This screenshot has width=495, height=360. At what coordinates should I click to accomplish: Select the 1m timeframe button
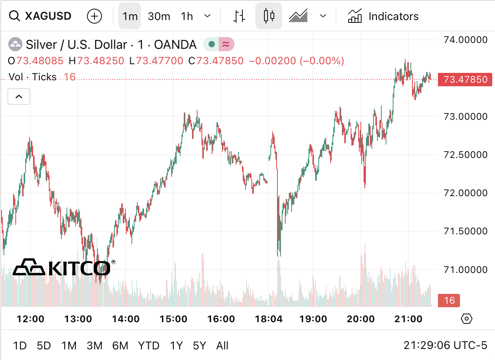[130, 16]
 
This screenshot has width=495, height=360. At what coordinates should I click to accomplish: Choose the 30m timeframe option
[159, 16]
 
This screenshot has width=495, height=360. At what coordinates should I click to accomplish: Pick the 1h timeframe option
[187, 16]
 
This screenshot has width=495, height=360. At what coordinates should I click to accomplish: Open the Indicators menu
[383, 16]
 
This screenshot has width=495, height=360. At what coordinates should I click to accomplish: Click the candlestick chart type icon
[269, 16]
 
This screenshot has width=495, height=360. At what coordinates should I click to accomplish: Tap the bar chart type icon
[239, 16]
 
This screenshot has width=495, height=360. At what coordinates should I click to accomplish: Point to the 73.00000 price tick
[465, 116]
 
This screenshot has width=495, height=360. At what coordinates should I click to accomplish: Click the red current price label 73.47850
[465, 80]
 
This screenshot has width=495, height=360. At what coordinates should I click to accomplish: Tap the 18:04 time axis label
[268, 319]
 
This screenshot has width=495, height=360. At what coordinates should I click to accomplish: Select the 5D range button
[44, 345]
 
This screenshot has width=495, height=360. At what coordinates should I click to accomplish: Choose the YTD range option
[149, 345]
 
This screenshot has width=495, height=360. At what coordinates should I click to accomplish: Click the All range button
[222, 345]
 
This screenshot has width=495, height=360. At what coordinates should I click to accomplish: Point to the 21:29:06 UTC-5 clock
[445, 345]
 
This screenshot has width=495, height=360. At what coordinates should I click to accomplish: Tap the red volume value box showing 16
[449, 301]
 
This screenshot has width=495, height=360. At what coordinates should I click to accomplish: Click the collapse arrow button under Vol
[19, 96]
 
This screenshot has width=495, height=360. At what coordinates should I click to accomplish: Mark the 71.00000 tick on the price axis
[465, 269]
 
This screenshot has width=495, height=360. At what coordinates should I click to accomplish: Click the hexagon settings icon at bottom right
[466, 318]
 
